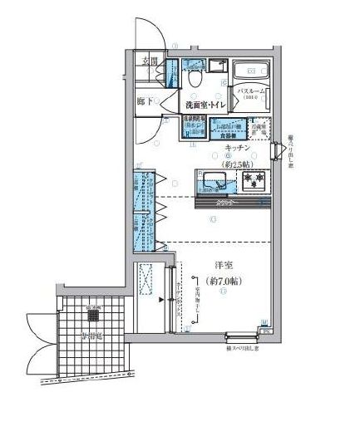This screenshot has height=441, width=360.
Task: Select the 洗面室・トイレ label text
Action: point(203,105)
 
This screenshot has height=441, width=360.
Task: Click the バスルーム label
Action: point(253,90)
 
